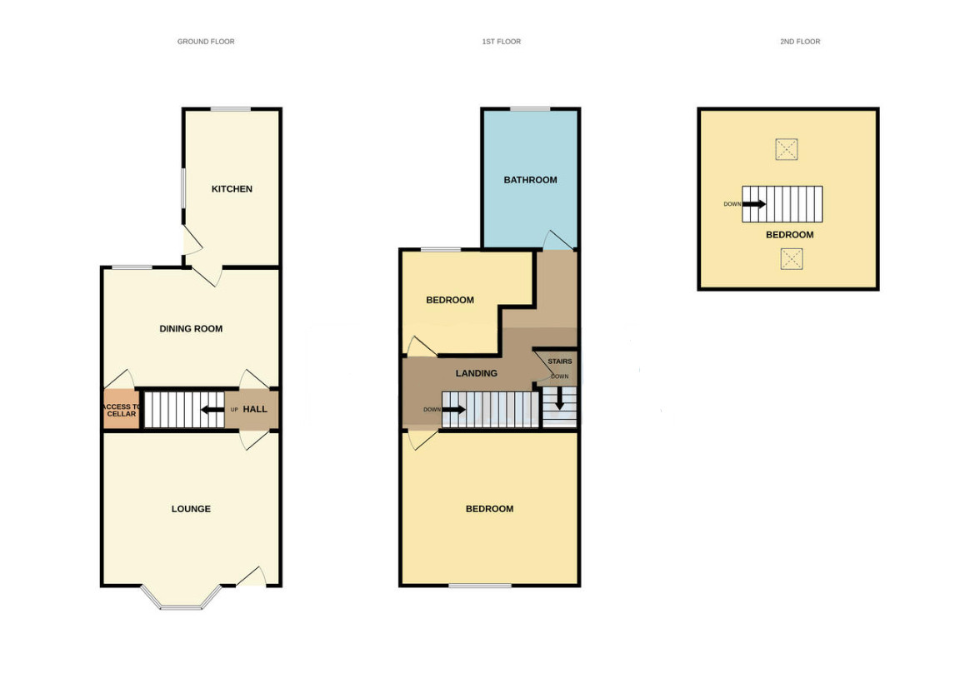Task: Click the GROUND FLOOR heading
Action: coord(206,42)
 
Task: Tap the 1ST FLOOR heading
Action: coord(502,42)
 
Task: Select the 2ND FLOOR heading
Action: coord(800,42)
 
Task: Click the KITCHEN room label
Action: coord(232,189)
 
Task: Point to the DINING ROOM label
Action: coord(191,329)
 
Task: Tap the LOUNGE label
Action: coord(191,509)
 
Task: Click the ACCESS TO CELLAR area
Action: coord(121,410)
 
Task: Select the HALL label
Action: coord(255,409)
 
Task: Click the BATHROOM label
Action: coord(530,180)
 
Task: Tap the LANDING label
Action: coord(477,373)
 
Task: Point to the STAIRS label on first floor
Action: coord(560,361)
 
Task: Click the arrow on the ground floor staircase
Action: coord(212,410)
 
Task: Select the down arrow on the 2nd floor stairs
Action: coord(753,204)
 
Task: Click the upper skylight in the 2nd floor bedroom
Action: coord(787,149)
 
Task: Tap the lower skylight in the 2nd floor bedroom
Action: coord(792,259)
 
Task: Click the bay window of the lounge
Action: coord(181,599)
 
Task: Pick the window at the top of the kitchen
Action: coord(231,110)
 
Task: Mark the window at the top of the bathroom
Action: coord(530,110)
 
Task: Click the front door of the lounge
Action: coord(251,578)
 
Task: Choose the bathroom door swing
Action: coord(558,240)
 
